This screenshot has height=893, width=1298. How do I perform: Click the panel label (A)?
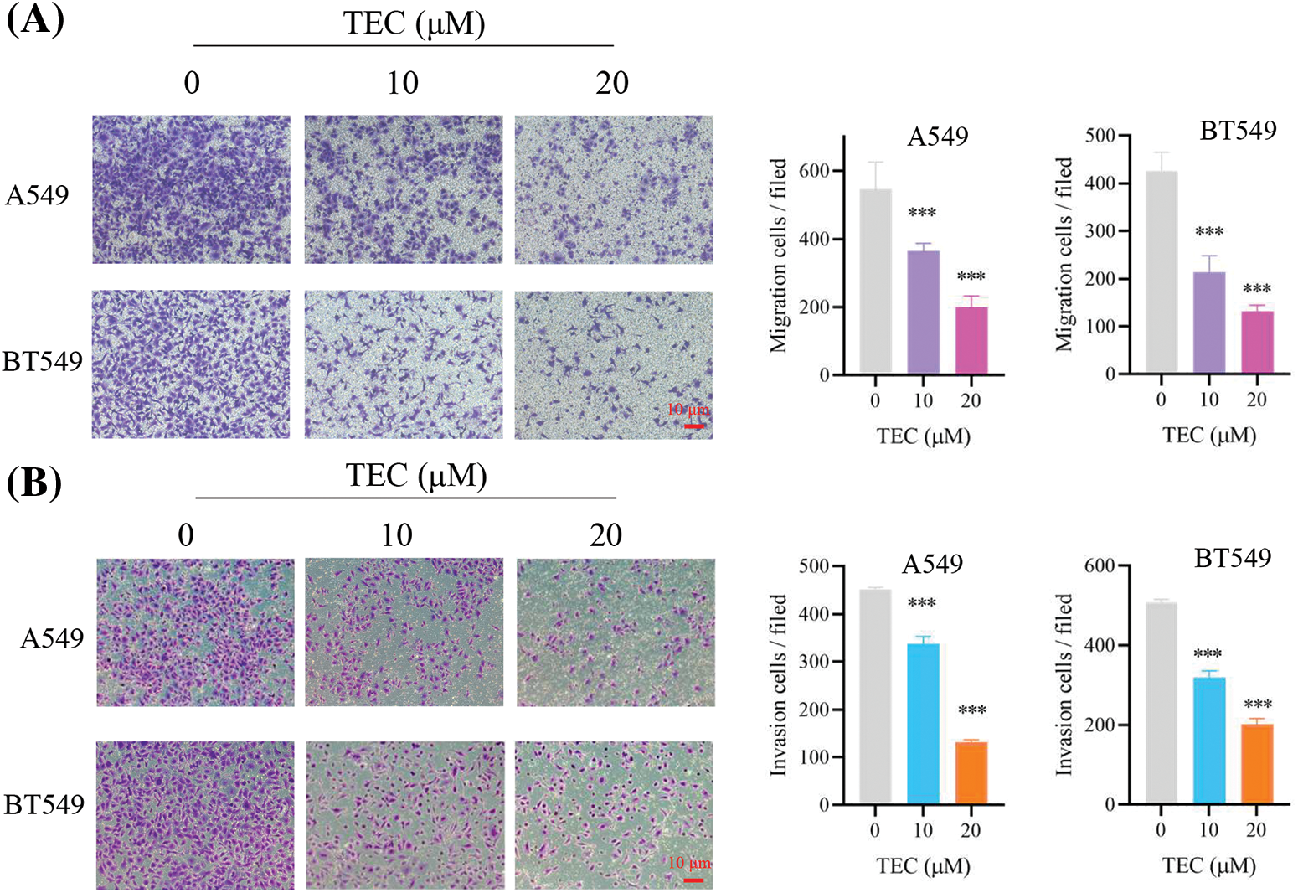tap(34, 19)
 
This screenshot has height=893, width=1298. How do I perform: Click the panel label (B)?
tap(34, 484)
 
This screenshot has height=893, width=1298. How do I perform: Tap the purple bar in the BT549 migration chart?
tap(1208, 323)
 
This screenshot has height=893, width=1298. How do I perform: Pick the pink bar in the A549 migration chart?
tap(971, 340)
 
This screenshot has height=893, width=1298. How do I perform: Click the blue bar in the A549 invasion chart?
tap(923, 724)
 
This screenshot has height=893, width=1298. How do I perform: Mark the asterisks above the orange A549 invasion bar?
tap(971, 711)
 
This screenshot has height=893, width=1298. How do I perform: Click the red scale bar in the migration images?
tap(694, 426)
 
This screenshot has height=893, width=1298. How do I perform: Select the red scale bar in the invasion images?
tap(693, 880)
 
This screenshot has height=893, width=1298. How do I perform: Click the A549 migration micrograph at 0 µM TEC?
tap(191, 189)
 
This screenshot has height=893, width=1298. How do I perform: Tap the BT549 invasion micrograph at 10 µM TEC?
tap(404, 815)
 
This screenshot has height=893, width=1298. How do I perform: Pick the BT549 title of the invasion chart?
tap(1232, 558)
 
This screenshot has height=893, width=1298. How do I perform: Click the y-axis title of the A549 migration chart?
tap(778, 256)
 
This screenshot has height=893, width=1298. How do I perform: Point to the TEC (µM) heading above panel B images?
tap(416, 476)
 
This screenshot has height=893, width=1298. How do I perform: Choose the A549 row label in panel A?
tap(37, 195)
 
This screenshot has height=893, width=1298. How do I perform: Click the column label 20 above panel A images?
tap(612, 83)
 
